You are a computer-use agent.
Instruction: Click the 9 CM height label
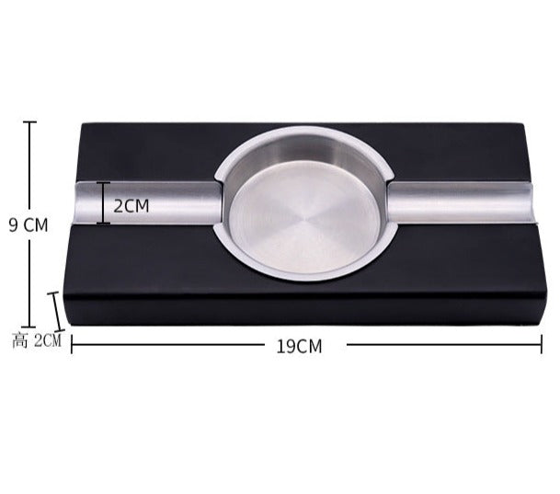click(x=29, y=224)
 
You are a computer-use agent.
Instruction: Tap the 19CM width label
click(x=299, y=346)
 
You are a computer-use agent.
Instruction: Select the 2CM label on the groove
click(x=131, y=206)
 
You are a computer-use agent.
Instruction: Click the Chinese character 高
click(x=20, y=341)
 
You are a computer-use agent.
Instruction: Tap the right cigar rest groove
click(x=460, y=203)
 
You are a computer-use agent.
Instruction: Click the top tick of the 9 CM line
click(x=30, y=121)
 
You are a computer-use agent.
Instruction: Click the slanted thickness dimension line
click(x=57, y=311)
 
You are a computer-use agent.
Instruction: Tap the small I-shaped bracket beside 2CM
click(x=103, y=203)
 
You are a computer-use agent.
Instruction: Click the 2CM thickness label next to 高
click(x=48, y=341)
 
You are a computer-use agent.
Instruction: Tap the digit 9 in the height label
click(x=14, y=224)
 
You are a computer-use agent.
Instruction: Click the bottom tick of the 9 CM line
click(x=30, y=326)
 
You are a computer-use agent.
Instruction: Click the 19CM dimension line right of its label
click(x=441, y=345)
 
